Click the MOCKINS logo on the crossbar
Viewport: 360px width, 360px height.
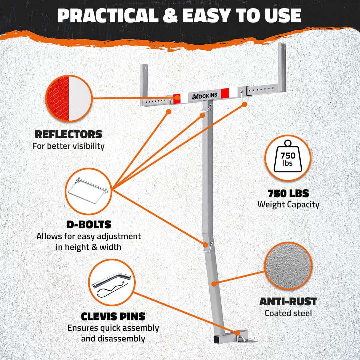click(205, 96)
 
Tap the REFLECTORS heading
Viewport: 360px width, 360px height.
click(68, 135)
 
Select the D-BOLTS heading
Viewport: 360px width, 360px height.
click(89, 225)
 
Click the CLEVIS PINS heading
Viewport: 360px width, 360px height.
click(113, 317)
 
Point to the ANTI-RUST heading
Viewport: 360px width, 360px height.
click(288, 302)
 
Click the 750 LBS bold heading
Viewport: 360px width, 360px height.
click(288, 194)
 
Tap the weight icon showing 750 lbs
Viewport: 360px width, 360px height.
click(288, 156)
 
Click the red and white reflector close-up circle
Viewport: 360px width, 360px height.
click(69, 98)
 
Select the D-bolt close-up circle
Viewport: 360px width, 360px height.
click(88, 191)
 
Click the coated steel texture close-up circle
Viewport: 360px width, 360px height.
click(288, 266)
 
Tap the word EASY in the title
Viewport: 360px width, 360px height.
click(206, 16)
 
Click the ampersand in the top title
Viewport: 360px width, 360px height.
click(170, 16)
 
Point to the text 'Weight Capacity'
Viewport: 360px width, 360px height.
click(288, 205)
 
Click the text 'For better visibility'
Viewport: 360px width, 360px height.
click(68, 146)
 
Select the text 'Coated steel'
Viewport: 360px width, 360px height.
click(288, 313)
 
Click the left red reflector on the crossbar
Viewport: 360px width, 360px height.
click(177, 99)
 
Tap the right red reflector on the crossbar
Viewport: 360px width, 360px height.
click(225, 93)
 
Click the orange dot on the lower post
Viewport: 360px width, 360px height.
click(214, 284)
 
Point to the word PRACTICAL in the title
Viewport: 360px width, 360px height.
click(108, 16)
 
